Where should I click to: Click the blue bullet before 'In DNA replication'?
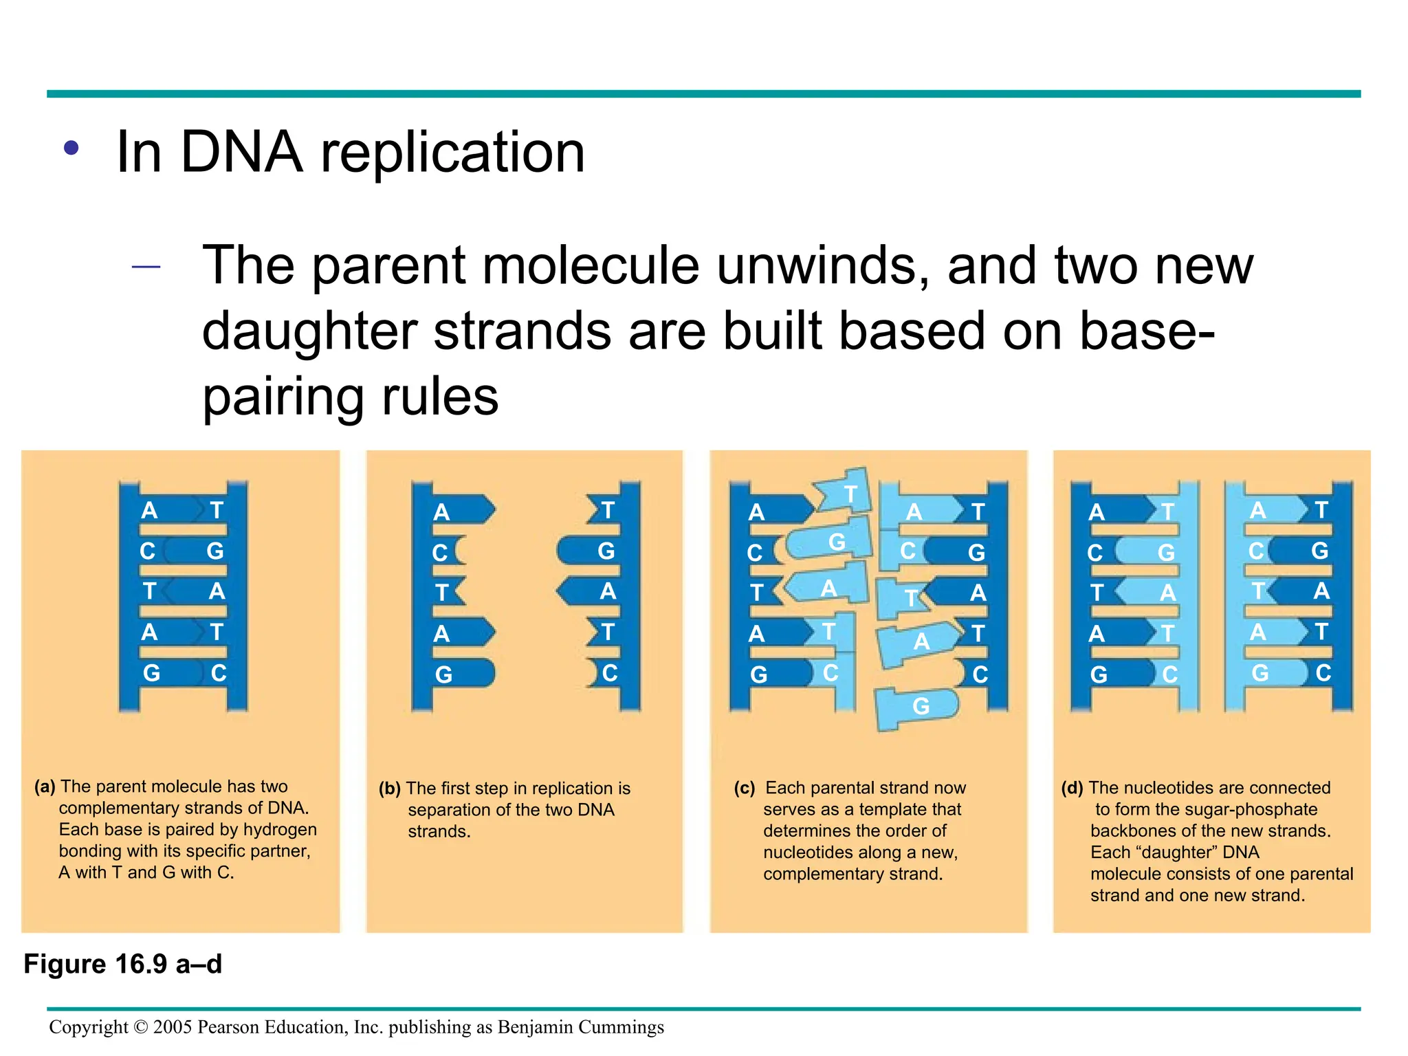point(71,148)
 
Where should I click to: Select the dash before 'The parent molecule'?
point(146,267)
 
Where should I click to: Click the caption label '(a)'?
point(45,786)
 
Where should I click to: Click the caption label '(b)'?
point(389,789)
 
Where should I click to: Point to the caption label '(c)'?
point(744,788)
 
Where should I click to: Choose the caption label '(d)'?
point(1072,788)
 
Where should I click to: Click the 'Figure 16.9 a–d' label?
point(123,965)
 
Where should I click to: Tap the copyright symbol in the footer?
point(140,1027)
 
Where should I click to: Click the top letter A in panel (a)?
point(149,511)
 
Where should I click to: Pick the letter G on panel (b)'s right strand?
point(606,551)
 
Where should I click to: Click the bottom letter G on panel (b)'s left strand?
point(443,675)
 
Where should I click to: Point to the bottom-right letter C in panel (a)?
point(219,673)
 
